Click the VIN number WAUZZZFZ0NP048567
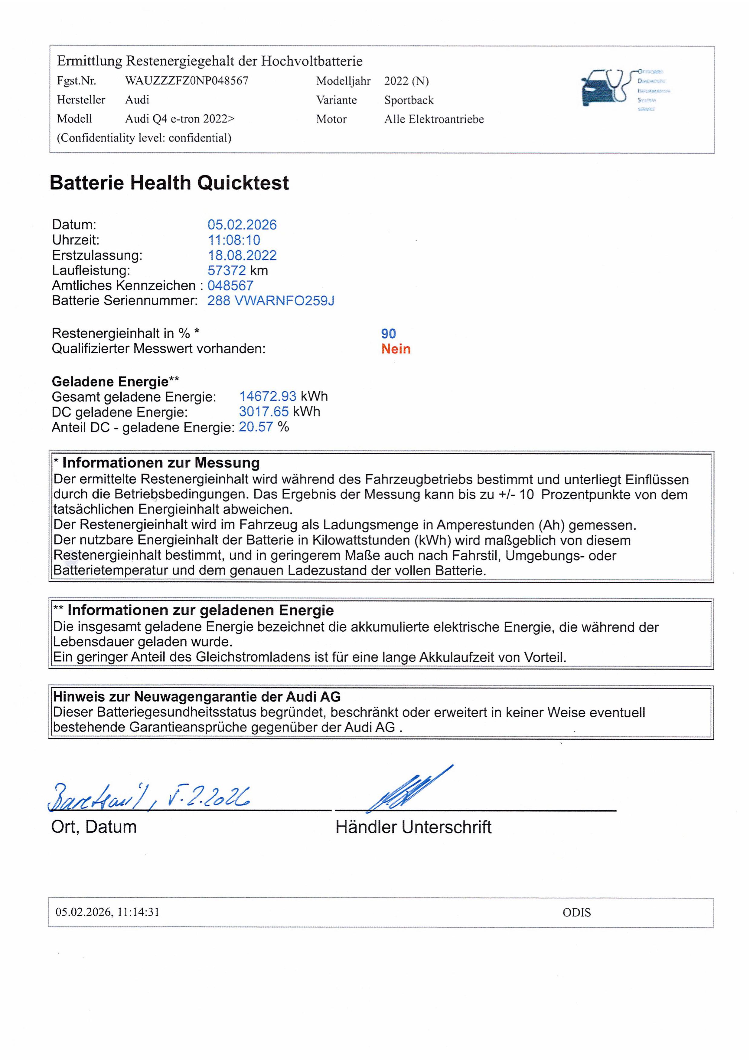point(187,81)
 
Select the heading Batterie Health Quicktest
point(169,183)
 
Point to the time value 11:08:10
point(234,240)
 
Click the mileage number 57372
point(227,271)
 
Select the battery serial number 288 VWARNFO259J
point(270,301)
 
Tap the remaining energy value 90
point(388,334)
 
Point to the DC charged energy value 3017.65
point(263,412)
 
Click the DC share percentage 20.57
point(256,427)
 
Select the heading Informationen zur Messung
point(161,463)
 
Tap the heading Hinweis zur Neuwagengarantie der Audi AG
point(196,697)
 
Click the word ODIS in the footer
point(576,912)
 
